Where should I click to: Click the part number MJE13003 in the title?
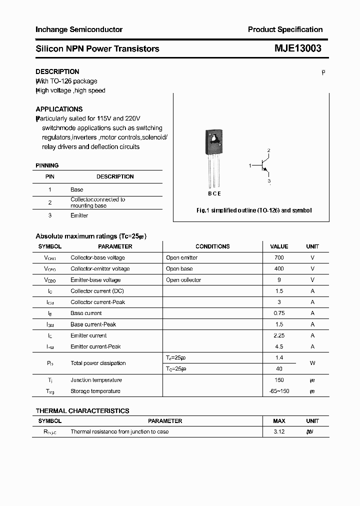point(297,48)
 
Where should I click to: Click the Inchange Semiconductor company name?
point(79,29)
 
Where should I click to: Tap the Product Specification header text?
point(285,29)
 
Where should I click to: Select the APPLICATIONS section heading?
point(59,109)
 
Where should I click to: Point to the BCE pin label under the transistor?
point(214,193)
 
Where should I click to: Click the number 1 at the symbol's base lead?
point(250,165)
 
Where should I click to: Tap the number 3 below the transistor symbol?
point(268,181)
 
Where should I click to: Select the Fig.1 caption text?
point(254,210)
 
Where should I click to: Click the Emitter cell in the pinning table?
point(79,215)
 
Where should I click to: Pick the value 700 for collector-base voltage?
point(279,257)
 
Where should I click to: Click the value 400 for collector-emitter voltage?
point(279,268)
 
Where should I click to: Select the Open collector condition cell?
point(183,280)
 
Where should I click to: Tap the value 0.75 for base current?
point(279,313)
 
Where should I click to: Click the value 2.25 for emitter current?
point(279,335)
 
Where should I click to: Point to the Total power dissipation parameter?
point(98,363)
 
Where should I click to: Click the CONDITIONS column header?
point(212,246)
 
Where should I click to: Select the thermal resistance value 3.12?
point(279,431)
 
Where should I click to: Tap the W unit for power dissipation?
point(312,363)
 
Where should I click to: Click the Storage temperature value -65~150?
point(279,391)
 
